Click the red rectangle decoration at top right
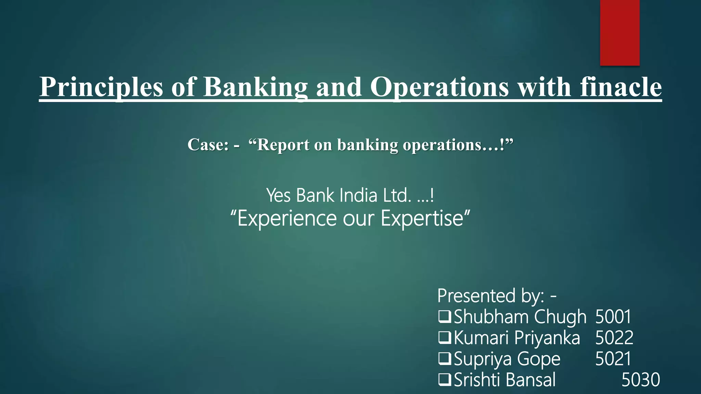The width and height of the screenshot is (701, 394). (x=620, y=32)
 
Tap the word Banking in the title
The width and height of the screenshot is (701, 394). (x=255, y=87)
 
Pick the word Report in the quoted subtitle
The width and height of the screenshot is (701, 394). (x=283, y=145)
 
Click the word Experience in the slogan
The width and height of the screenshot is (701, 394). (x=287, y=219)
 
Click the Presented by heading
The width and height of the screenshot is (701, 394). (x=497, y=296)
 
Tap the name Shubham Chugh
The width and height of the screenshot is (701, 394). (x=520, y=317)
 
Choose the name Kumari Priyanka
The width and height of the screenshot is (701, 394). (x=517, y=338)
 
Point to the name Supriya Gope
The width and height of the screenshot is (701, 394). (x=507, y=359)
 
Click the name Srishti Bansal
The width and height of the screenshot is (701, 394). (x=505, y=380)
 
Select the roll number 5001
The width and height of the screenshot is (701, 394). (x=613, y=317)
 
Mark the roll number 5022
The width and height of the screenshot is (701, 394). (x=614, y=338)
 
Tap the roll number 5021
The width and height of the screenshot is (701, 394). (x=613, y=359)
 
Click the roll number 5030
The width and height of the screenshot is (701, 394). (x=640, y=380)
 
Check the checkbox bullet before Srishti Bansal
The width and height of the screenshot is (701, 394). (x=444, y=379)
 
